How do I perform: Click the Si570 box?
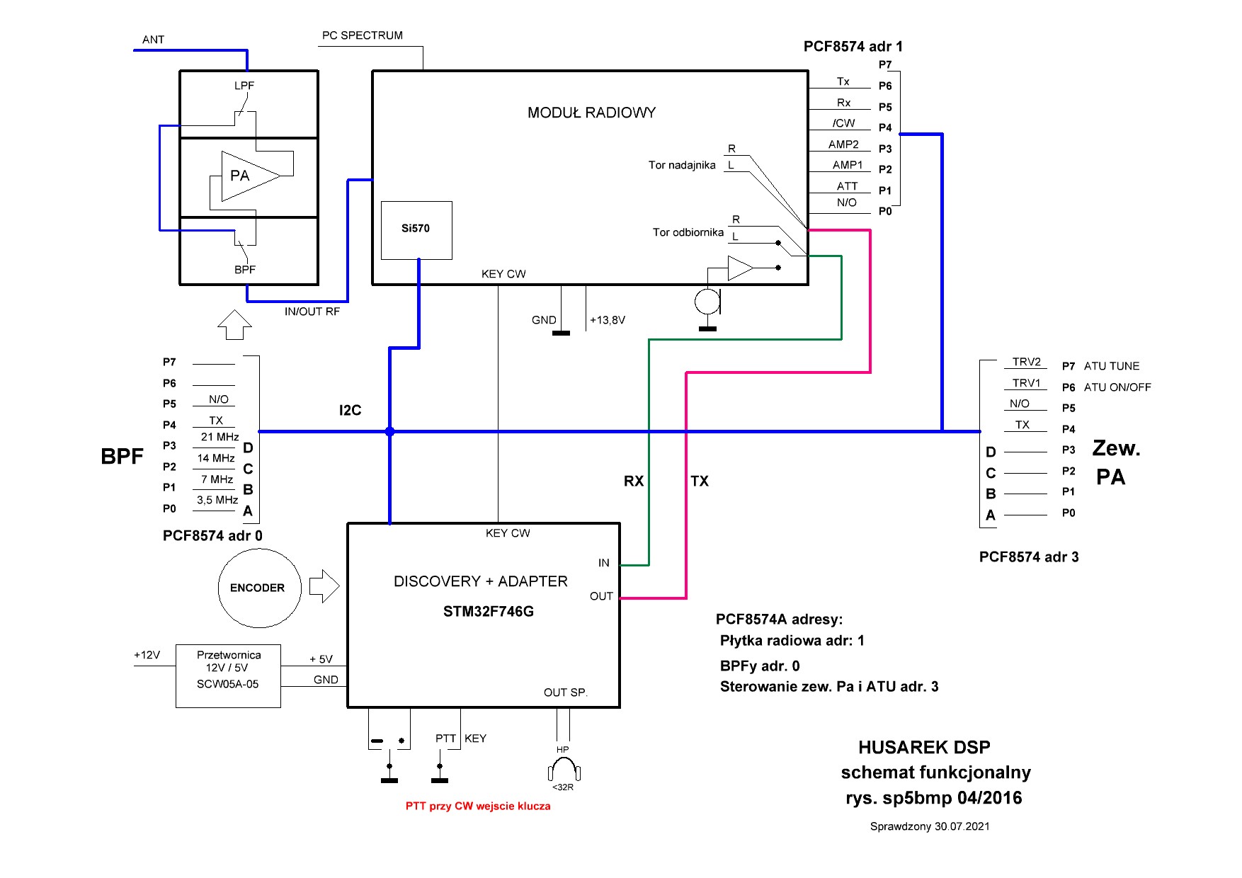416,230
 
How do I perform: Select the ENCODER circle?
258,588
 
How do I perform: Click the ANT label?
153,40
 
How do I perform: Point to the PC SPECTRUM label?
362,35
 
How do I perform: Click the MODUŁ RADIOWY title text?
591,113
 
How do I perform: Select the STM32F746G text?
488,612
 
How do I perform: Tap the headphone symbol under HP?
564,770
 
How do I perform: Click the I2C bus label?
350,411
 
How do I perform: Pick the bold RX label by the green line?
634,481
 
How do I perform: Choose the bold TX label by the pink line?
700,481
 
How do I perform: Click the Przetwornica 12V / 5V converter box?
228,675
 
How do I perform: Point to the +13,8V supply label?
608,320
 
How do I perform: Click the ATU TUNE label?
1112,366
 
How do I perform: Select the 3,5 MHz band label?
217,500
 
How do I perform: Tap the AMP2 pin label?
843,144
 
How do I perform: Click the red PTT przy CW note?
478,806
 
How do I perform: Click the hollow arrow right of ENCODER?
324,586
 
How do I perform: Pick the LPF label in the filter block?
244,86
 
